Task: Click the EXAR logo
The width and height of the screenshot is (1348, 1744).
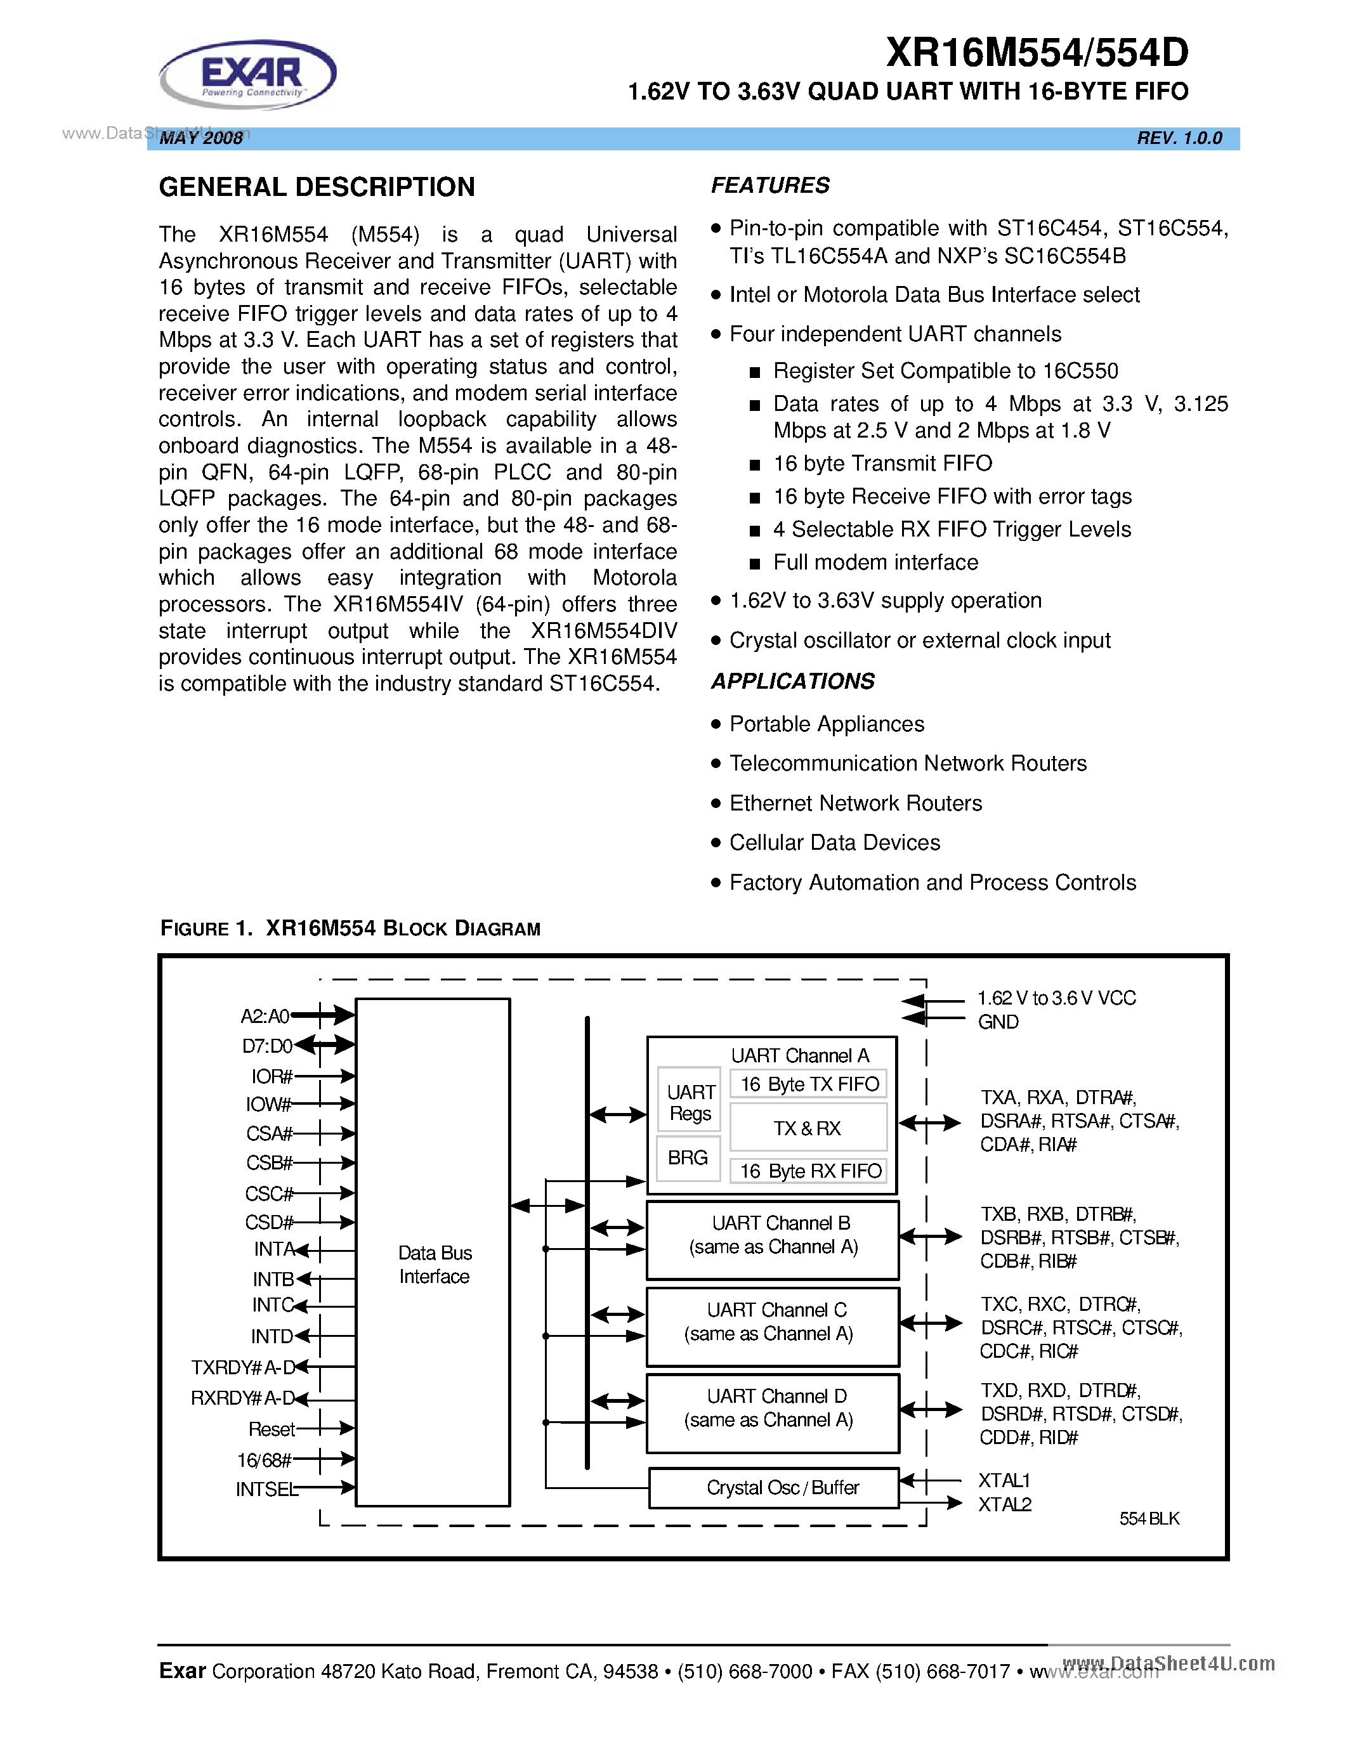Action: coord(249,74)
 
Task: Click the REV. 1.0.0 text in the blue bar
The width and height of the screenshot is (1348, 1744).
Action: coord(1179,138)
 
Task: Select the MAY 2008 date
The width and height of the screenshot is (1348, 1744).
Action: coord(201,138)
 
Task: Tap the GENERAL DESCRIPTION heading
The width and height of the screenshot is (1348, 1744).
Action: coord(317,188)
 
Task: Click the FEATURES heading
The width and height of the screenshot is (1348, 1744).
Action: coord(770,185)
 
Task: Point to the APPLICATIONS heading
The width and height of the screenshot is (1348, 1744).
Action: coord(792,681)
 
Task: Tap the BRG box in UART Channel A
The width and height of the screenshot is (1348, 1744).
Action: coord(688,1157)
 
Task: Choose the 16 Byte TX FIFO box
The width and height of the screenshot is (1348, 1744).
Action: coord(809,1084)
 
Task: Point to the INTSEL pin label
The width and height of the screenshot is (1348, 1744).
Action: coord(266,1489)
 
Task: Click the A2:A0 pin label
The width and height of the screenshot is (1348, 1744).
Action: coord(265,1016)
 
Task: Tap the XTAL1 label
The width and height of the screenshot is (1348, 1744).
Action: coord(1004,1480)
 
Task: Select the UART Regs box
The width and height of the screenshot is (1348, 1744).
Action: coord(690,1102)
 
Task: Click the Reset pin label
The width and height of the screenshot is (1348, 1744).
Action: coord(272,1429)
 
